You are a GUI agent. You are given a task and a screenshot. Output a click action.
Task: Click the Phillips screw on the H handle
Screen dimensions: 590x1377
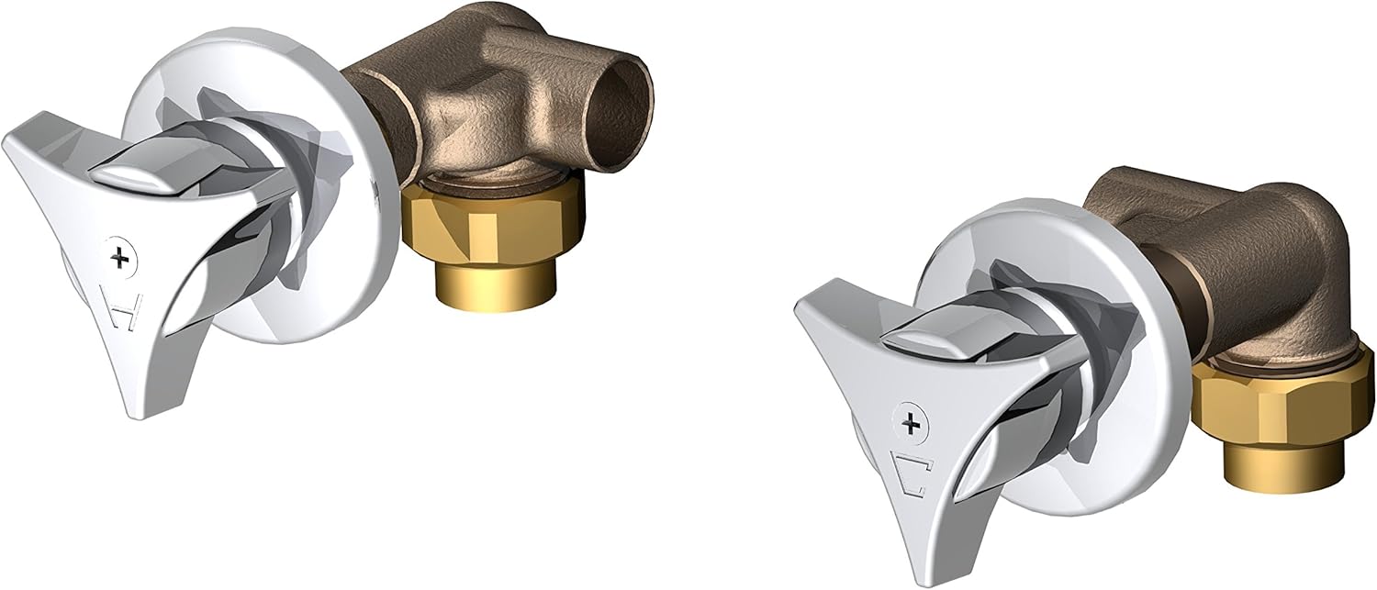click(119, 258)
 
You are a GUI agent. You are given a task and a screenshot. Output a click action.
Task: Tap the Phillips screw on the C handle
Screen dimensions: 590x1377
click(912, 423)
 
